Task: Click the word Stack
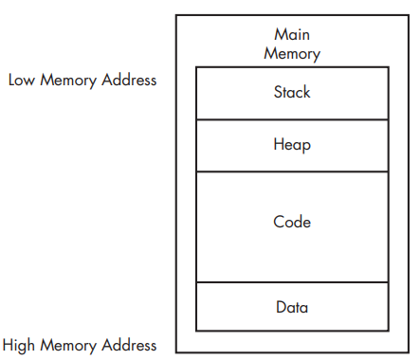click(292, 92)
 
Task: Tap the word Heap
click(292, 145)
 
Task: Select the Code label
click(292, 222)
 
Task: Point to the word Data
click(292, 307)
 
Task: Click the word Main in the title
click(292, 34)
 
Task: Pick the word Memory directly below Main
click(292, 54)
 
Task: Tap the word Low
click(22, 80)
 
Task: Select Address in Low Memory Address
click(129, 80)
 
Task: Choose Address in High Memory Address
click(129, 345)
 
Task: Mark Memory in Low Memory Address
click(68, 81)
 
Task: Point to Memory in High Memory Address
click(68, 346)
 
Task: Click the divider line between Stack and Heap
click(292, 119)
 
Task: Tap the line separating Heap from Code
click(292, 171)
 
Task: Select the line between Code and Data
click(292, 282)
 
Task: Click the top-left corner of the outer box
click(176, 15)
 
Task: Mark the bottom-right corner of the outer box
click(409, 352)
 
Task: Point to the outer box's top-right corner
click(409, 15)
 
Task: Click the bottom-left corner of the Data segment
click(196, 331)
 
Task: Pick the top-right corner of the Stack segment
click(389, 67)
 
